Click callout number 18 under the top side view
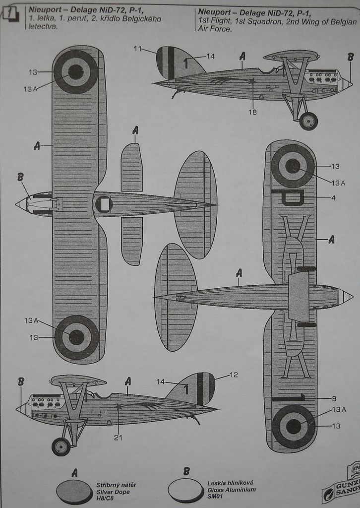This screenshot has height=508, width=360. point(252,112)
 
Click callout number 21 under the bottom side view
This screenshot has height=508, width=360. point(118,438)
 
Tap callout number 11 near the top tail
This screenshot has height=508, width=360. point(137,49)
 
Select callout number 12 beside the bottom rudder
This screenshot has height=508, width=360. point(234,375)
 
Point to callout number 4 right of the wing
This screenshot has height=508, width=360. point(334,197)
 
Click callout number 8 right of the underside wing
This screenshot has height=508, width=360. point(334,398)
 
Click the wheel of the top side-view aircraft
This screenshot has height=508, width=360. point(308,121)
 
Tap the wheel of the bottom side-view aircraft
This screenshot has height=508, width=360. point(61,446)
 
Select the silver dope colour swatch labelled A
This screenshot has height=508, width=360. point(74,491)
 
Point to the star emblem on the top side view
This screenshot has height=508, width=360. point(252,81)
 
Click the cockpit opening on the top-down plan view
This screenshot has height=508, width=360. point(104,204)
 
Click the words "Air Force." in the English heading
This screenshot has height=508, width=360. point(215,29)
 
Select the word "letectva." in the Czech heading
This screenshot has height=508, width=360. point(43,27)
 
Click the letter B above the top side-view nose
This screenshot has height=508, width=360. point(350,57)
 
